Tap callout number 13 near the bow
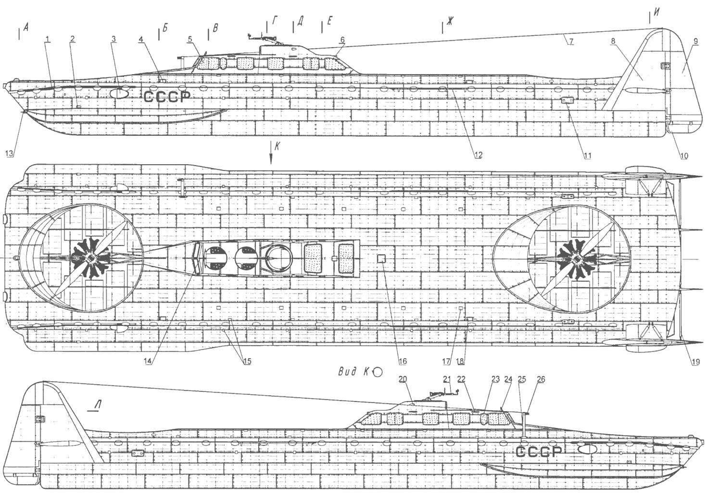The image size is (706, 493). (x=8, y=154)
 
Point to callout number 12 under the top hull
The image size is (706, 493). (x=478, y=155)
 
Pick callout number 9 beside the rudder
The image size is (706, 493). (x=695, y=41)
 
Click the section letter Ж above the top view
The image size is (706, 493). (x=449, y=23)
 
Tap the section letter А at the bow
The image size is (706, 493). (x=26, y=26)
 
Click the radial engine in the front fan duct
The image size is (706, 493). (x=91, y=259)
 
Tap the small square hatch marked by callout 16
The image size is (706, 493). (x=381, y=258)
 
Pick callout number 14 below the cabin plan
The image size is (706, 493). (x=150, y=361)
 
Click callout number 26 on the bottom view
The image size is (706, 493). (x=541, y=379)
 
